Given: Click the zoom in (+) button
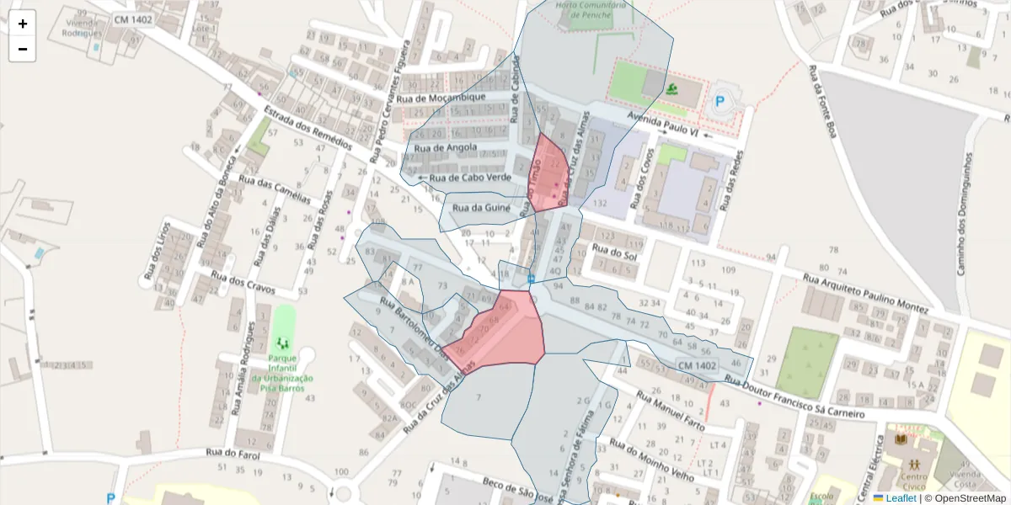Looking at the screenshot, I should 23,24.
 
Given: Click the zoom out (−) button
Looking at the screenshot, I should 23,49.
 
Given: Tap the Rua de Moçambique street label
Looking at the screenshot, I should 441,98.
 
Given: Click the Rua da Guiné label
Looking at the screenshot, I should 479,206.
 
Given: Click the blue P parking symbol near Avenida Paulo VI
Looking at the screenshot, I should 720,104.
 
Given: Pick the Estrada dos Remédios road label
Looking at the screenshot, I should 307,127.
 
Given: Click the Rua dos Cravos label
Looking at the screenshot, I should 243,283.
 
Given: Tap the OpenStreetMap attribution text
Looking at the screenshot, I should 965,498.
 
